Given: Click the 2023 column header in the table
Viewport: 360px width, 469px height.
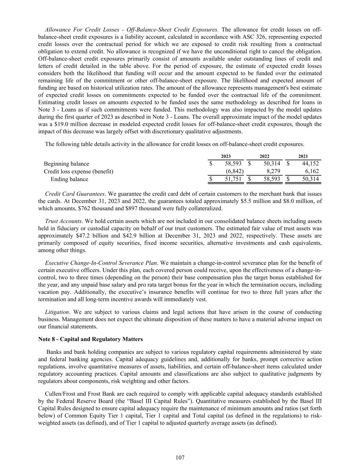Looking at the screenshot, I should coord(226,156).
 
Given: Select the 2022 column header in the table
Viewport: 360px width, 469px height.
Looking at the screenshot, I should coord(264,156).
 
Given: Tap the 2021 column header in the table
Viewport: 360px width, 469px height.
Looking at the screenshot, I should coord(303,156).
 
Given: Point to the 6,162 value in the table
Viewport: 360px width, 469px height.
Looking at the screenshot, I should coord(312,171).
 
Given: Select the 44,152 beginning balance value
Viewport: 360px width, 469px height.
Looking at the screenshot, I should coord(310,164).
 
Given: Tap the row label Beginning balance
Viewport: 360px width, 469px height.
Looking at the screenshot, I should coord(66,164).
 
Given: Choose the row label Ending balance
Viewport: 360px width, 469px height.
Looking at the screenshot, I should coord(69,179).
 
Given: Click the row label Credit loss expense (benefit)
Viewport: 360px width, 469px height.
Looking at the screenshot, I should coord(79,171).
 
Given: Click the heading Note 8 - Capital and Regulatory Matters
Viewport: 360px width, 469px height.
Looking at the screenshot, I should coord(90,339).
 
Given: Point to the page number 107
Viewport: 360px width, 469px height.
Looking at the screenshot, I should coord(180,458).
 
